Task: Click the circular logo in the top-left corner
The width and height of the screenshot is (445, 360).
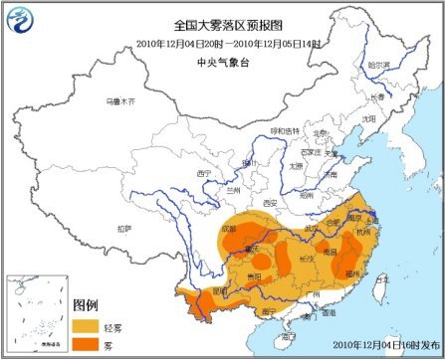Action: click(20, 18)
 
